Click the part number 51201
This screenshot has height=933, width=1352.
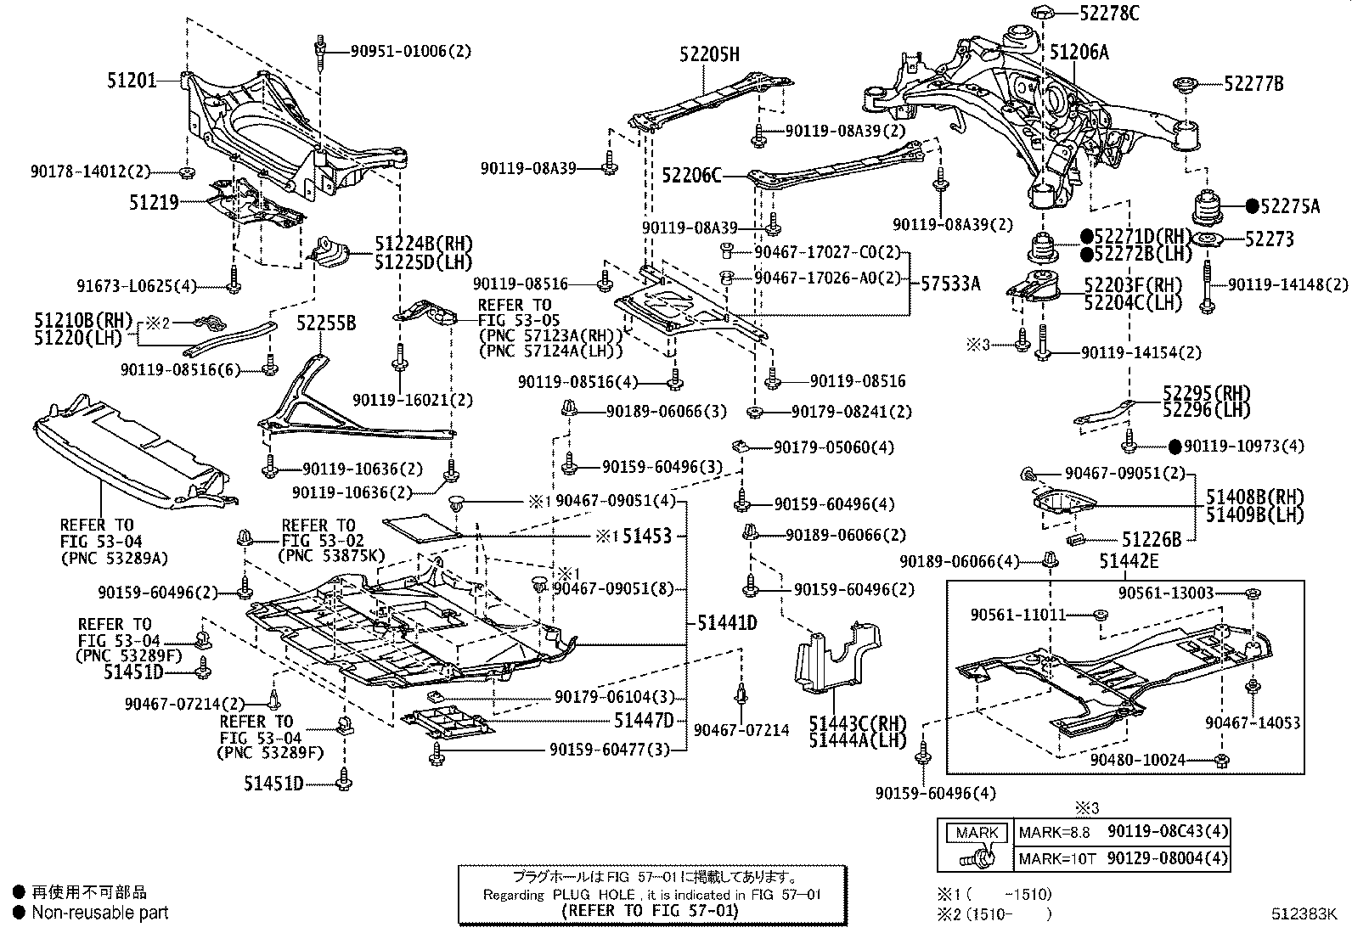coord(132,81)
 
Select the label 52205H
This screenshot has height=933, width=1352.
coord(709,54)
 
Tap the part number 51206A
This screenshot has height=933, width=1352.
coord(1079,52)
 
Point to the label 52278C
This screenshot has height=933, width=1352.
coord(1109,13)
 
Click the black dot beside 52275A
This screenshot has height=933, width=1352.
coord(1252,206)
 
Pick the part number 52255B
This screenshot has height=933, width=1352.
coord(326,323)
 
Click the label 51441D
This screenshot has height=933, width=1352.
coord(727,622)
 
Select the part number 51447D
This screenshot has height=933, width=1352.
coord(644,720)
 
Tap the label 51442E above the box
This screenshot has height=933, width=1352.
coord(1129,561)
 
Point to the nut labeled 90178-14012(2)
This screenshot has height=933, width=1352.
coord(187,172)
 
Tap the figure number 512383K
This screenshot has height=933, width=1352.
coord(1304,913)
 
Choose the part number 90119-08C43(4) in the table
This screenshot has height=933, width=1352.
coord(1168,832)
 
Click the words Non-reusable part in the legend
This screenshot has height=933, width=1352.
coord(100,913)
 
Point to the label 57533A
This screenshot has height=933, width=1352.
coord(950,283)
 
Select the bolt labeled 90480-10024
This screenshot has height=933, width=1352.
coord(1221,760)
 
